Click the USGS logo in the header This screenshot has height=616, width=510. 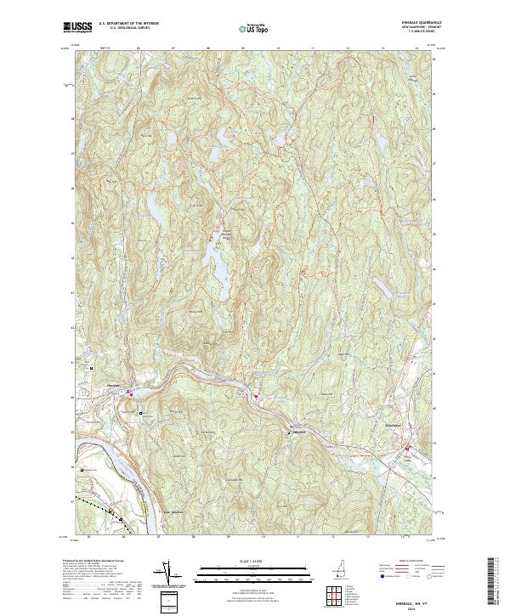point(77,28)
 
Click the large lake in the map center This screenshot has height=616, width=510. point(219,272)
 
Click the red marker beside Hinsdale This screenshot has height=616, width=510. point(131,393)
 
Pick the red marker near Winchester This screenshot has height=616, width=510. point(406,447)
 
